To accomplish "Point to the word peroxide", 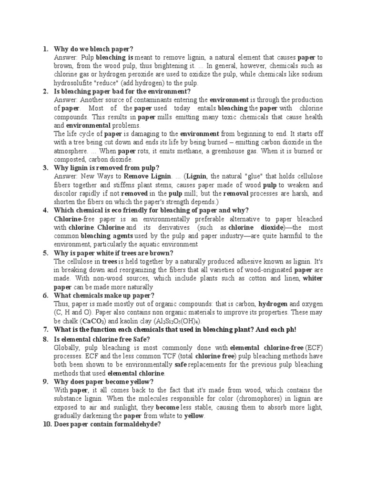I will coord(161,74).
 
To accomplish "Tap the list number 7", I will coord(45,330).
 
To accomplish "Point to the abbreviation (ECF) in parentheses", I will coord(314,347).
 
